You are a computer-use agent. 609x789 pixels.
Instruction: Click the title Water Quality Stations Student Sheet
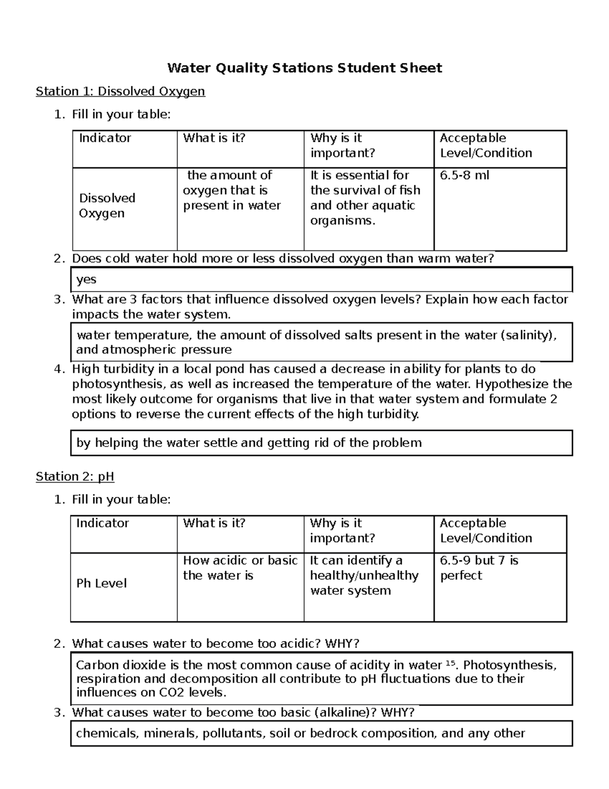(x=304, y=68)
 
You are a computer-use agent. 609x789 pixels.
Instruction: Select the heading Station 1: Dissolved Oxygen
(x=120, y=91)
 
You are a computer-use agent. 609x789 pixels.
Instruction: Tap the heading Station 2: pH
(x=75, y=477)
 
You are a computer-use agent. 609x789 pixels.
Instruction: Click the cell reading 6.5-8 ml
(x=464, y=176)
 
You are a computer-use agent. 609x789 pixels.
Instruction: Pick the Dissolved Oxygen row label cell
(x=107, y=206)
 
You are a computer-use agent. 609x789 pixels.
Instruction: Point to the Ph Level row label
(x=101, y=583)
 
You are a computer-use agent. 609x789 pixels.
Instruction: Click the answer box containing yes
(x=321, y=279)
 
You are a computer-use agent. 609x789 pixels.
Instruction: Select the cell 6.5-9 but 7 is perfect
(x=479, y=568)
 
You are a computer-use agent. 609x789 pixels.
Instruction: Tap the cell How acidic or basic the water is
(x=240, y=568)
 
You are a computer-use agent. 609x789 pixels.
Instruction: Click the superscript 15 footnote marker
(x=450, y=663)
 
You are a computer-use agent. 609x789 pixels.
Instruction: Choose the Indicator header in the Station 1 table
(x=105, y=138)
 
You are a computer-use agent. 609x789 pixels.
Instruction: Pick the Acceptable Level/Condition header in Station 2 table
(x=486, y=530)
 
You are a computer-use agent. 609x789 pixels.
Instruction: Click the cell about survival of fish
(x=365, y=198)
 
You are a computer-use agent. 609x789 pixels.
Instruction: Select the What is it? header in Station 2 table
(x=214, y=523)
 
